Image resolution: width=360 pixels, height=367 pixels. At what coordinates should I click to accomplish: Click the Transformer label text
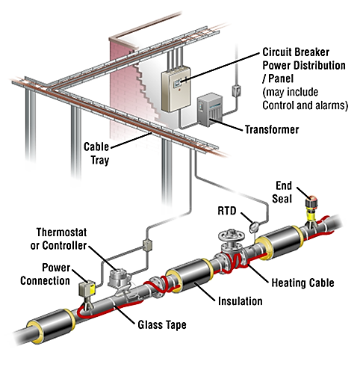(272, 130)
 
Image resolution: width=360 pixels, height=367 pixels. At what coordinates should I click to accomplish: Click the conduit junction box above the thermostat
(146, 244)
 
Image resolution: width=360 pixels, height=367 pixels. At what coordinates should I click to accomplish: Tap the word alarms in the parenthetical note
(331, 106)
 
